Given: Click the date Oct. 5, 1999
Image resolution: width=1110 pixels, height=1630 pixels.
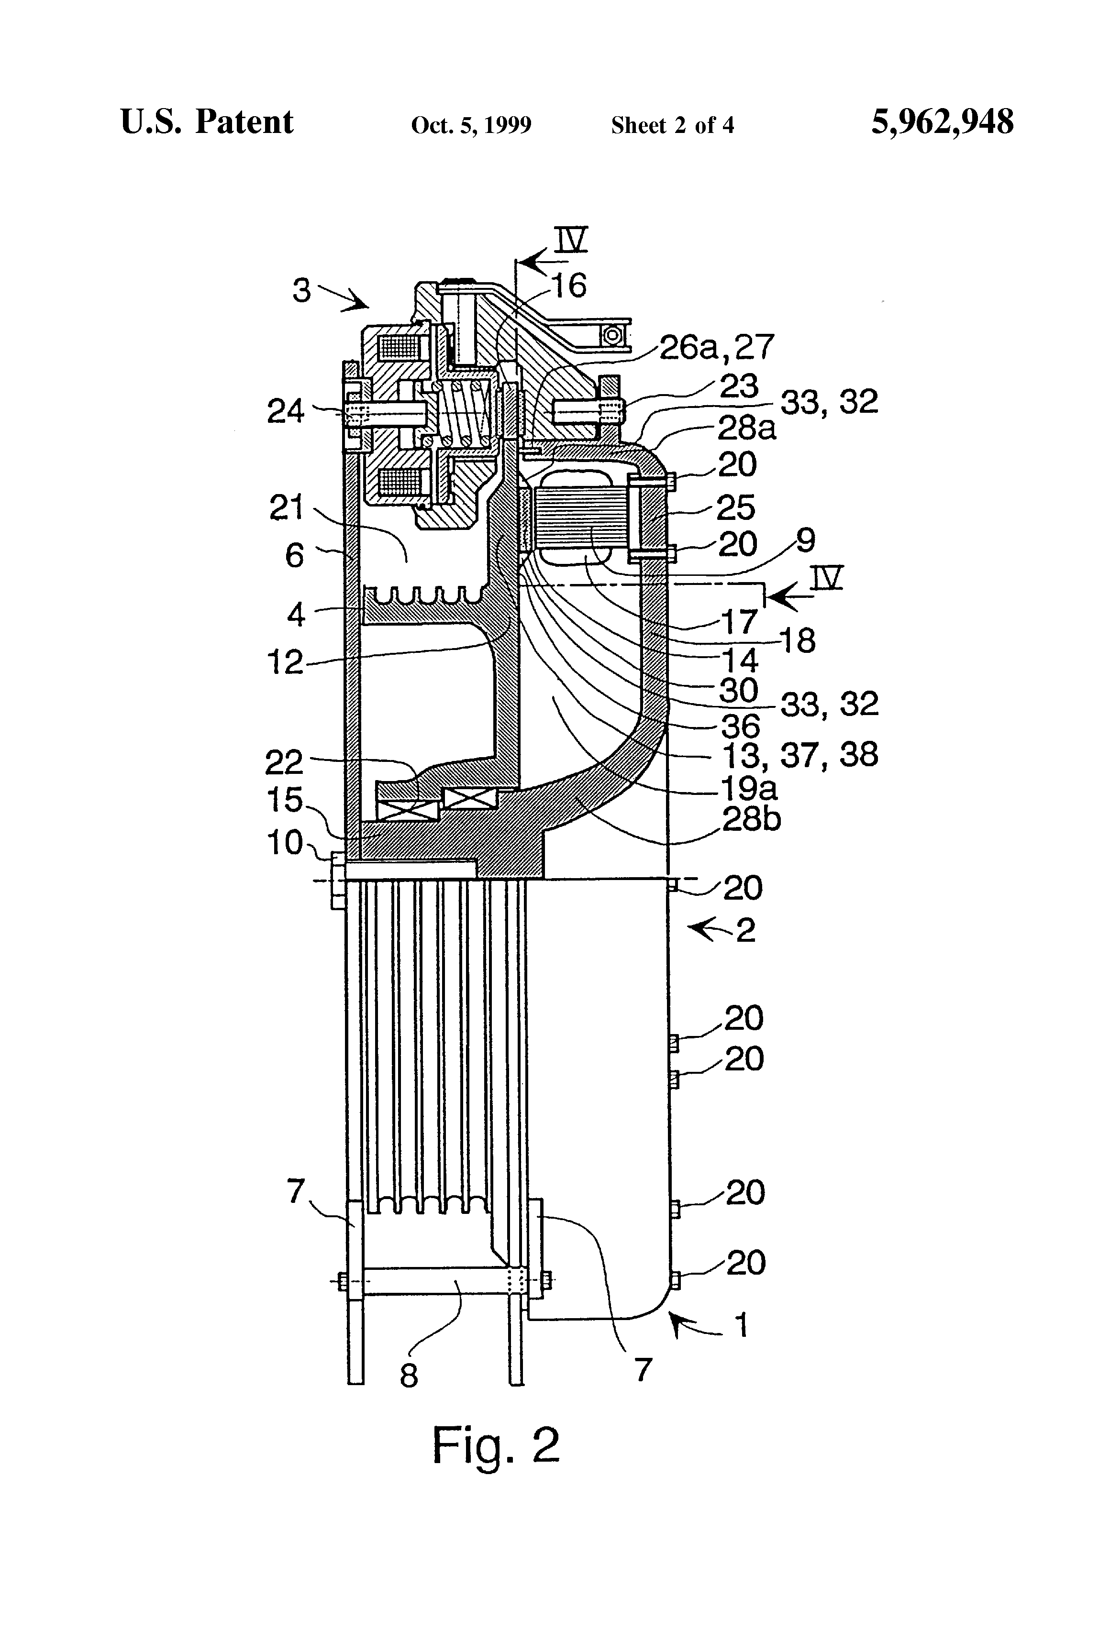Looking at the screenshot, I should [x=471, y=125].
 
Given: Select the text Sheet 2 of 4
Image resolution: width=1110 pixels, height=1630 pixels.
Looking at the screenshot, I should [x=672, y=125].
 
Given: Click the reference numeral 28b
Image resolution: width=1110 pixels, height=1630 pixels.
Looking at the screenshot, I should [x=752, y=818].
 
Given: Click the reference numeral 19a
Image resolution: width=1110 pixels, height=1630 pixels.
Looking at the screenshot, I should [x=749, y=788].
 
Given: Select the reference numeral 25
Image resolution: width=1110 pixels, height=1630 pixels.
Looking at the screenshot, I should [x=735, y=507].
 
